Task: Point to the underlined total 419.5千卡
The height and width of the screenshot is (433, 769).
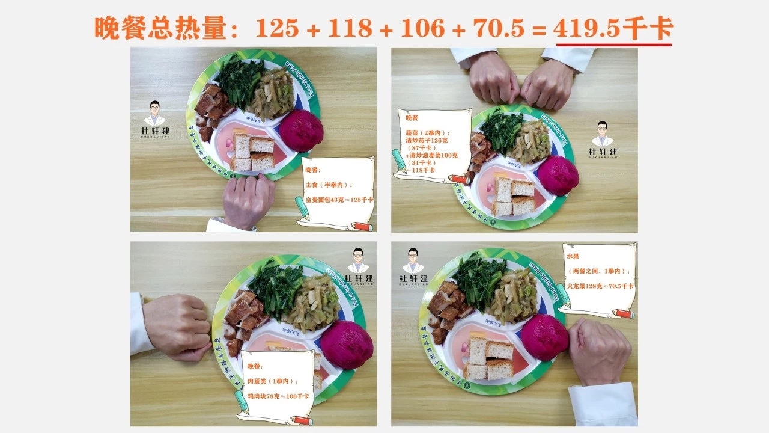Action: coord(613,28)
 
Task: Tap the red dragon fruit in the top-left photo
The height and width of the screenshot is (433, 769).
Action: coord(300,131)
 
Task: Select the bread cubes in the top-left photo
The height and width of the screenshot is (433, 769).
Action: coord(252,153)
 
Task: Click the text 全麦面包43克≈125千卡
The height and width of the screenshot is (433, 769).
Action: coord(339,200)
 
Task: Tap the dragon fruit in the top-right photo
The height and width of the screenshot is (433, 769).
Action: coord(557,176)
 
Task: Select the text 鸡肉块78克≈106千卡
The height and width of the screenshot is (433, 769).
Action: coord(278,396)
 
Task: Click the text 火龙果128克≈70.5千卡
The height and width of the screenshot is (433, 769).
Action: coord(600,286)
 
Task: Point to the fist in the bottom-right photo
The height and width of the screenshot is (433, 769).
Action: coord(597,351)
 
